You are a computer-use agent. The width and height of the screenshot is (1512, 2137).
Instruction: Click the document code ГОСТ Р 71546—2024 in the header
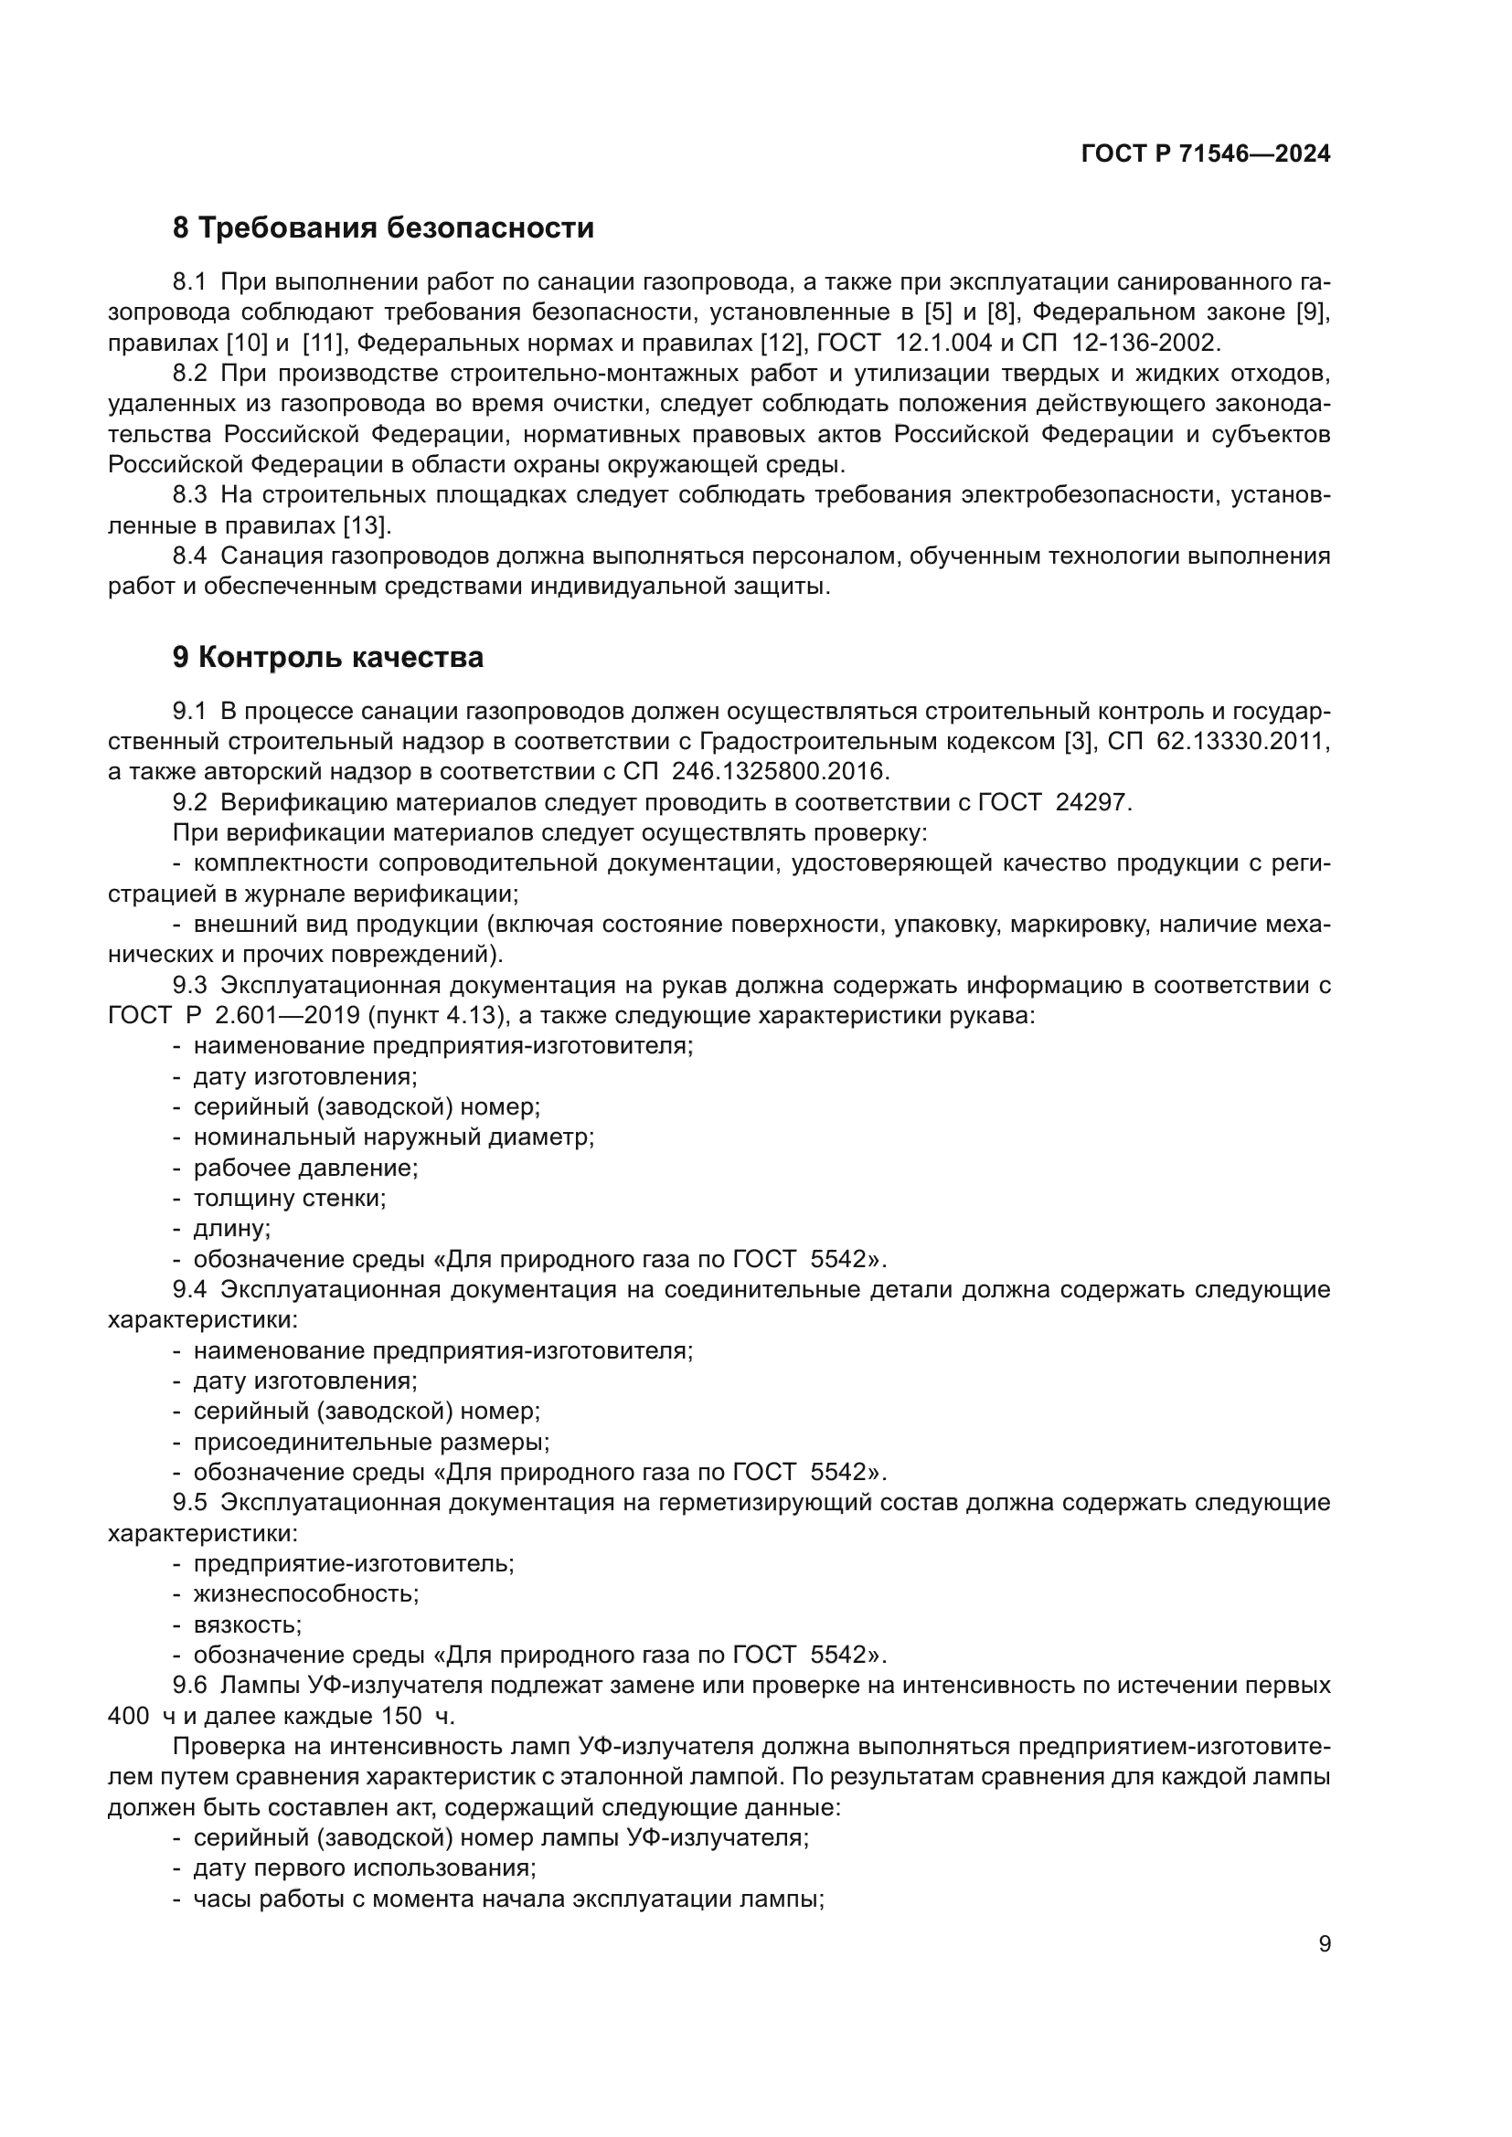[x=1206, y=154]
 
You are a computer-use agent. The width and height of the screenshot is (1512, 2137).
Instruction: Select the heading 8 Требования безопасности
[x=383, y=228]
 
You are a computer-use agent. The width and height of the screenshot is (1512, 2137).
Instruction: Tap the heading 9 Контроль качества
[x=328, y=658]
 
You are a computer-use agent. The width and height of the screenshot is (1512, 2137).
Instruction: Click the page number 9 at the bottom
[x=1325, y=1944]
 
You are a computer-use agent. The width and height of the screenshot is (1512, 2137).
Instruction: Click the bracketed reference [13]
[x=366, y=526]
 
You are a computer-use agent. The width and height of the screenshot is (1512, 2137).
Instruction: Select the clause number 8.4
[x=189, y=556]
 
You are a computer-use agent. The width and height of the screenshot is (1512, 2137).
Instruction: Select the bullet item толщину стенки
[x=290, y=1198]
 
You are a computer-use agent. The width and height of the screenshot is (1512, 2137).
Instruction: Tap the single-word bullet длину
[x=232, y=1229]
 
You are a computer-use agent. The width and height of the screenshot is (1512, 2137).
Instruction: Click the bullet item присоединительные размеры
[x=370, y=1442]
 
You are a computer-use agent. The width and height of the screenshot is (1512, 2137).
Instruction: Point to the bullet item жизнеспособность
[x=305, y=1593]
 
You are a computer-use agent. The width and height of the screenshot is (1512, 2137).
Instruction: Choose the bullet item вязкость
[x=247, y=1624]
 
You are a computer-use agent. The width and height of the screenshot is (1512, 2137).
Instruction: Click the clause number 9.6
[x=189, y=1686]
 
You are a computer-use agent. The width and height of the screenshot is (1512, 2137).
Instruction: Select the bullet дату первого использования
[x=364, y=1868]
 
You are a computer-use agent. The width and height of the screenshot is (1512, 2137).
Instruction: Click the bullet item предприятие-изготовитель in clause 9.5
[x=353, y=1562]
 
